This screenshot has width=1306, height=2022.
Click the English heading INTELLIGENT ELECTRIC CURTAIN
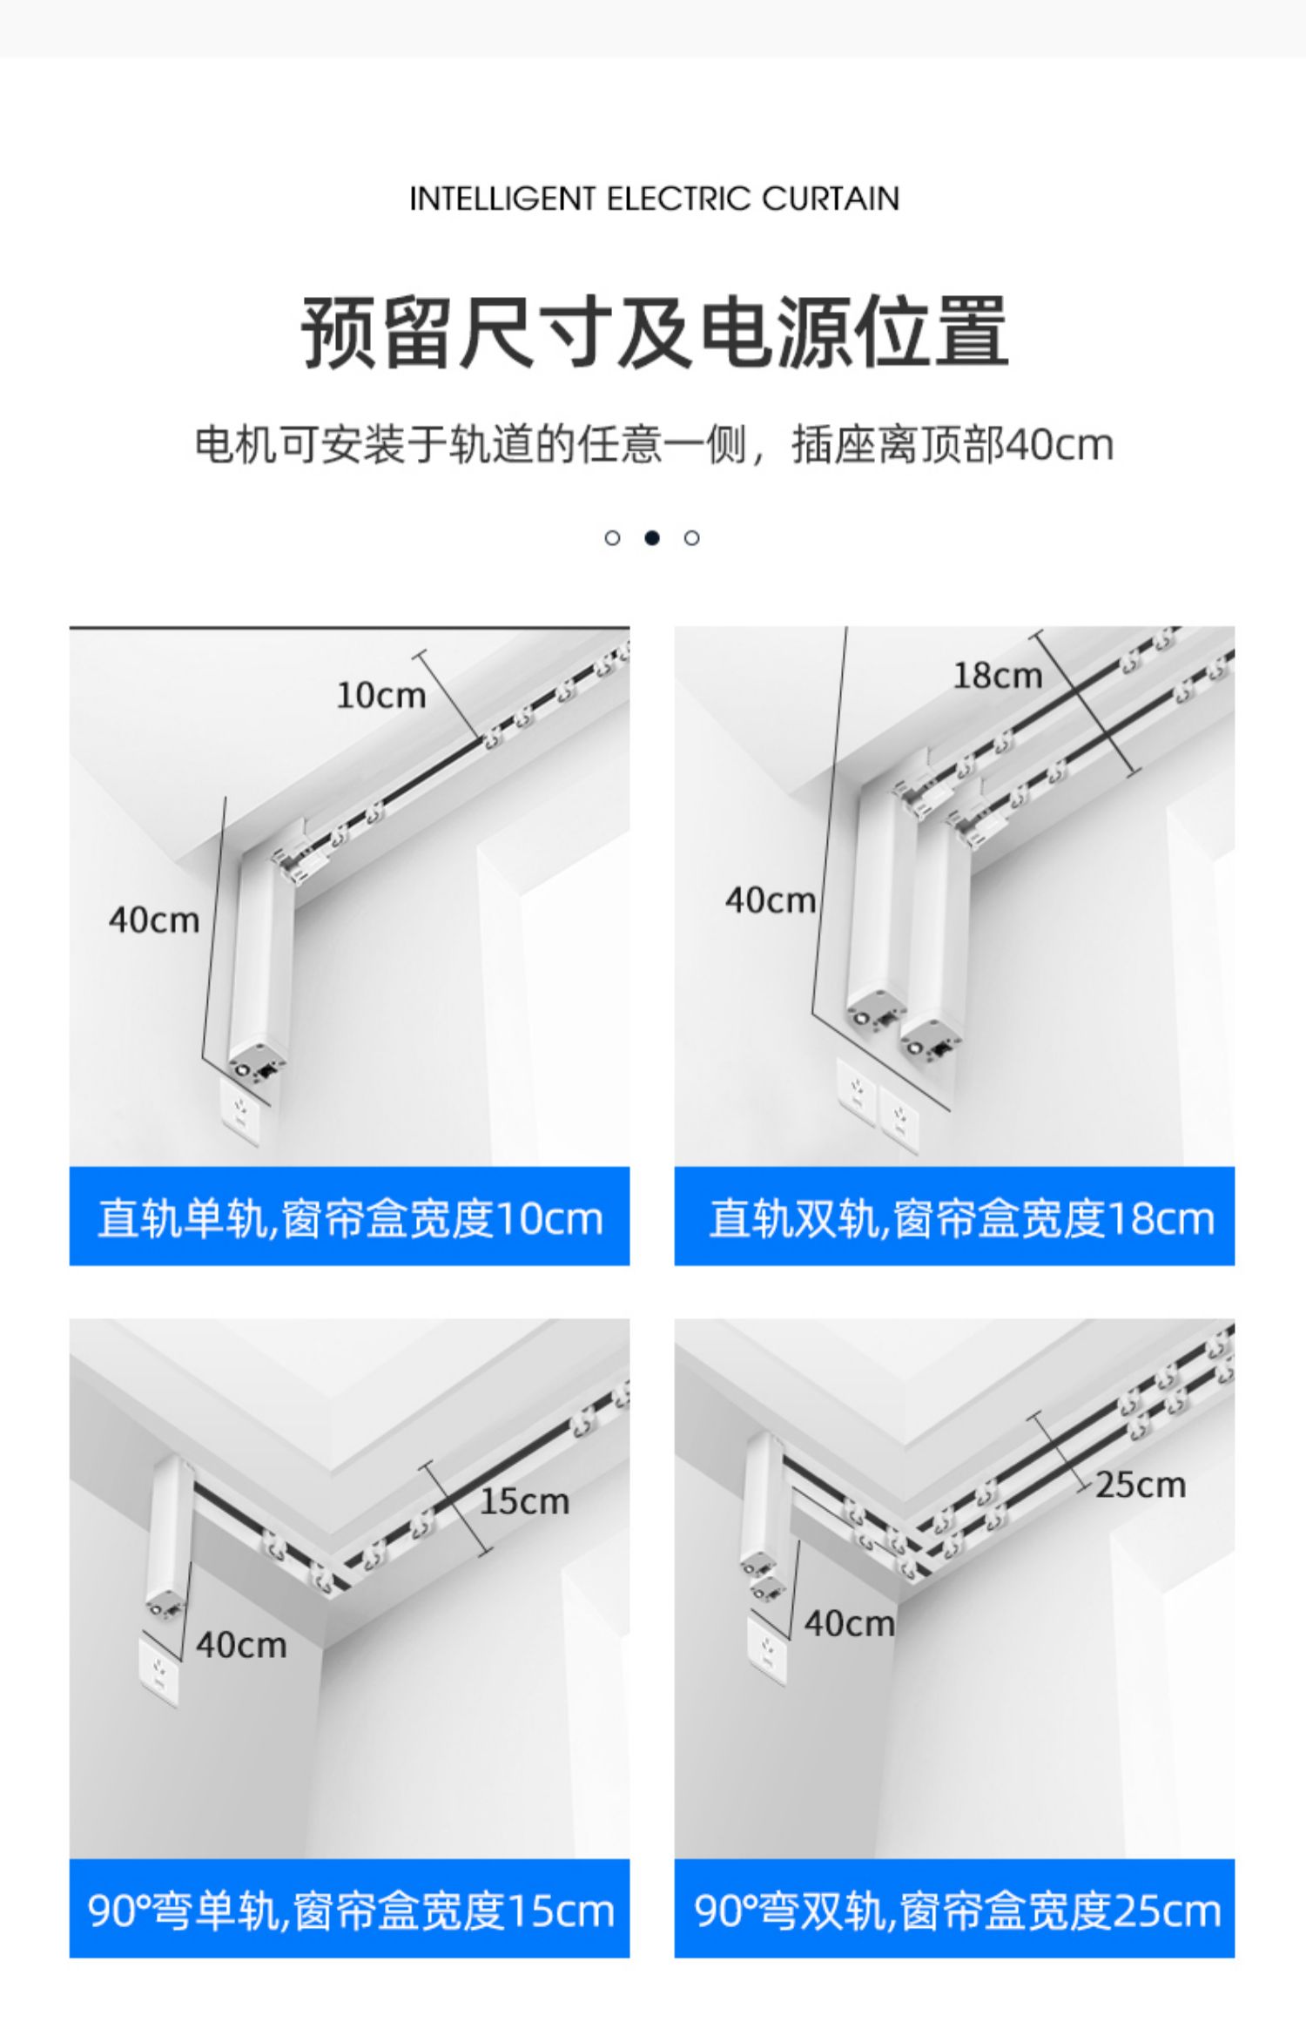[654, 199]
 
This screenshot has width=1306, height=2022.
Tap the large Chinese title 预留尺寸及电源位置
[654, 333]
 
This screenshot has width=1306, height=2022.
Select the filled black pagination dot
[651, 537]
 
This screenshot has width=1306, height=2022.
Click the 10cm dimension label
[380, 695]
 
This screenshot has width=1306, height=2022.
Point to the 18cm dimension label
[997, 675]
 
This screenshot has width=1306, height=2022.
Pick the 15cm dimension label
[524, 1501]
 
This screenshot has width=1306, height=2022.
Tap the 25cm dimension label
[1141, 1485]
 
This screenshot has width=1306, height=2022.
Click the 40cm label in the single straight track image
[153, 920]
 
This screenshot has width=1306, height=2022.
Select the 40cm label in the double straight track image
[770, 900]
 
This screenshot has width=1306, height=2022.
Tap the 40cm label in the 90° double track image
[849, 1623]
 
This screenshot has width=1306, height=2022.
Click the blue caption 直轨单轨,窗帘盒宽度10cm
[349, 1217]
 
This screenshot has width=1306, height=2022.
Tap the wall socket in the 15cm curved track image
[159, 1672]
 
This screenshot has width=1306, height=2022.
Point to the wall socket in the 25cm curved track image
[767, 1650]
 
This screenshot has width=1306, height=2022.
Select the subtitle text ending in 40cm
[654, 445]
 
